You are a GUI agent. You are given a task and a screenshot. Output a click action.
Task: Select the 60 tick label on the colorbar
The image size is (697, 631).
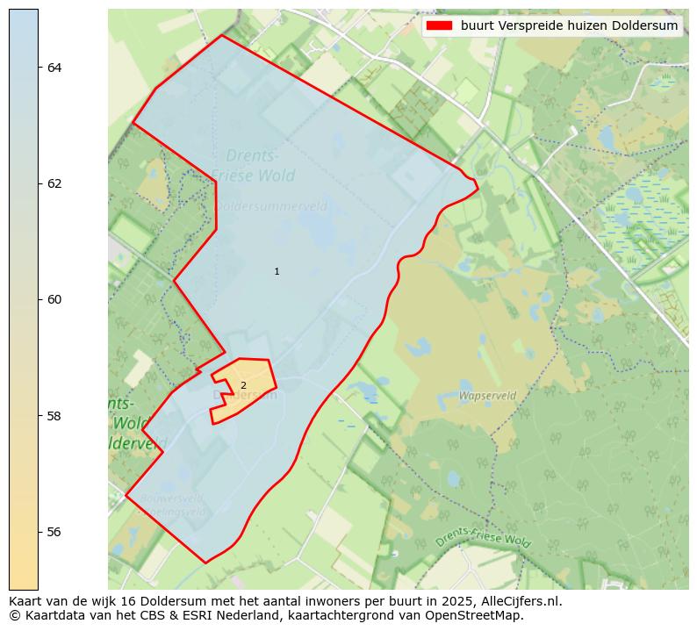click(x=54, y=299)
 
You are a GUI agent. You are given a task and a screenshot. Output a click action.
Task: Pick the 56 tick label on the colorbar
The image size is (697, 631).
click(x=54, y=532)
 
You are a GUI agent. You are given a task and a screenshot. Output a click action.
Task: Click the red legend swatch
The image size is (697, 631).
click(x=439, y=25)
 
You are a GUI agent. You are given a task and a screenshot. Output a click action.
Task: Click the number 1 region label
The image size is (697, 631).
click(x=277, y=272)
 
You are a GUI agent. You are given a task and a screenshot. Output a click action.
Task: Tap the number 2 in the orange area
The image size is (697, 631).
click(x=243, y=386)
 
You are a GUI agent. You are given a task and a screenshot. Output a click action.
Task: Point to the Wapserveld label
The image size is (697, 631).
click(x=487, y=396)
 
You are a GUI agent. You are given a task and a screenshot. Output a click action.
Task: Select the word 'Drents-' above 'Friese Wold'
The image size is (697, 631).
click(x=254, y=155)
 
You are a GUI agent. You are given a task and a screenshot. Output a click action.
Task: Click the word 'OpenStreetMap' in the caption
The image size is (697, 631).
click(x=480, y=615)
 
